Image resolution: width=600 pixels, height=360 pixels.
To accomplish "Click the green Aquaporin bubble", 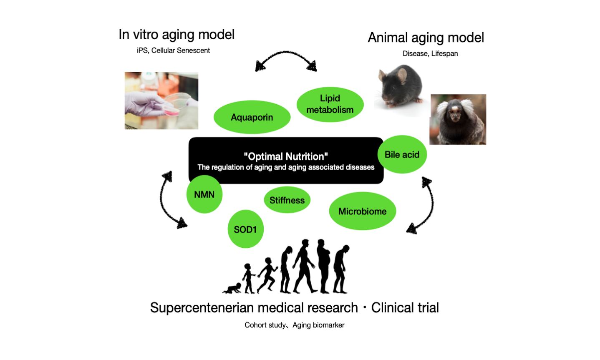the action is [x=252, y=117].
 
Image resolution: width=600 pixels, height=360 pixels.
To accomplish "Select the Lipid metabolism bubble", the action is [x=330, y=104].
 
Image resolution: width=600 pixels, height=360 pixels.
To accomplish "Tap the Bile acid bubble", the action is [x=402, y=154].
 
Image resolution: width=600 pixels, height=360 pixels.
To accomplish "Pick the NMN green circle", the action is [x=204, y=194].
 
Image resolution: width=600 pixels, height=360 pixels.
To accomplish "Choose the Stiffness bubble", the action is [x=287, y=200].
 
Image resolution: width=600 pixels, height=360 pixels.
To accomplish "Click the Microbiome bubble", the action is [x=363, y=211].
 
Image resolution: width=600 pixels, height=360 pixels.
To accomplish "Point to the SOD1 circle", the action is [x=246, y=229].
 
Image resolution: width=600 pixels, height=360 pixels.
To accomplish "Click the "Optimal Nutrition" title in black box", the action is [x=286, y=156].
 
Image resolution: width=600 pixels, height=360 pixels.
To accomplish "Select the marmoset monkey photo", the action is [x=458, y=119].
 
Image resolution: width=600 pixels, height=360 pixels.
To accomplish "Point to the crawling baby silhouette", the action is [x=232, y=288].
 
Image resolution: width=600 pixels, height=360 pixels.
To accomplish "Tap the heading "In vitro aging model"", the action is [x=176, y=35].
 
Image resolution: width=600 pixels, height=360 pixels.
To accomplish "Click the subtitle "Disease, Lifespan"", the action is [x=430, y=53].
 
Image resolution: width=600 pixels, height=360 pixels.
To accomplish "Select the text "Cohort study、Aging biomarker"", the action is [x=295, y=325].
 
